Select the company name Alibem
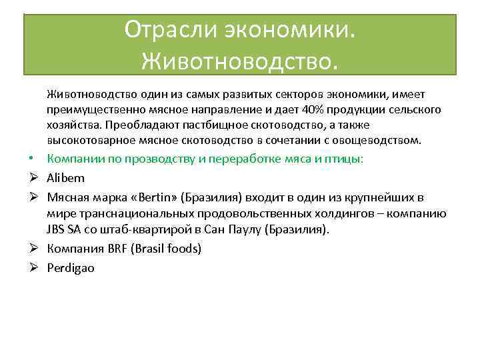(66, 179)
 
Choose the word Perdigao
(71, 268)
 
